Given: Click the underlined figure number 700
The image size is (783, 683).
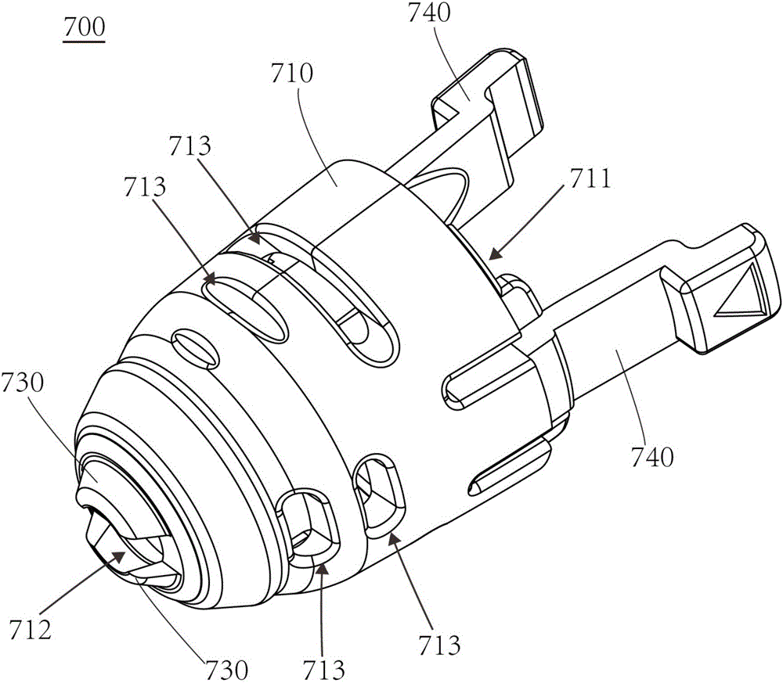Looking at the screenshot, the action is [x=84, y=29].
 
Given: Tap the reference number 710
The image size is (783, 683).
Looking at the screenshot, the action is [x=292, y=74].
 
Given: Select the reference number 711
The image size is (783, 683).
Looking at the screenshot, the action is [x=590, y=178].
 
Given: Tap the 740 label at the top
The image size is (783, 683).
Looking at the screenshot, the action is [x=429, y=13].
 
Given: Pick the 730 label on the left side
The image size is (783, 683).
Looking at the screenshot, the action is [x=23, y=384].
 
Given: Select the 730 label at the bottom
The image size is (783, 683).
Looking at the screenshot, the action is [x=227, y=669].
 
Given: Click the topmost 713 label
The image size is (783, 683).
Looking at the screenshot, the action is [x=189, y=146].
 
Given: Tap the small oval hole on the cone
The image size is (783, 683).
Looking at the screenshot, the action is [x=195, y=347].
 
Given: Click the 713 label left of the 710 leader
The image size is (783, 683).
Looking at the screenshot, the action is [x=145, y=188].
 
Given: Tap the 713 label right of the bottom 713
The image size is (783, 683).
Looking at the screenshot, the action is [x=439, y=645].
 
